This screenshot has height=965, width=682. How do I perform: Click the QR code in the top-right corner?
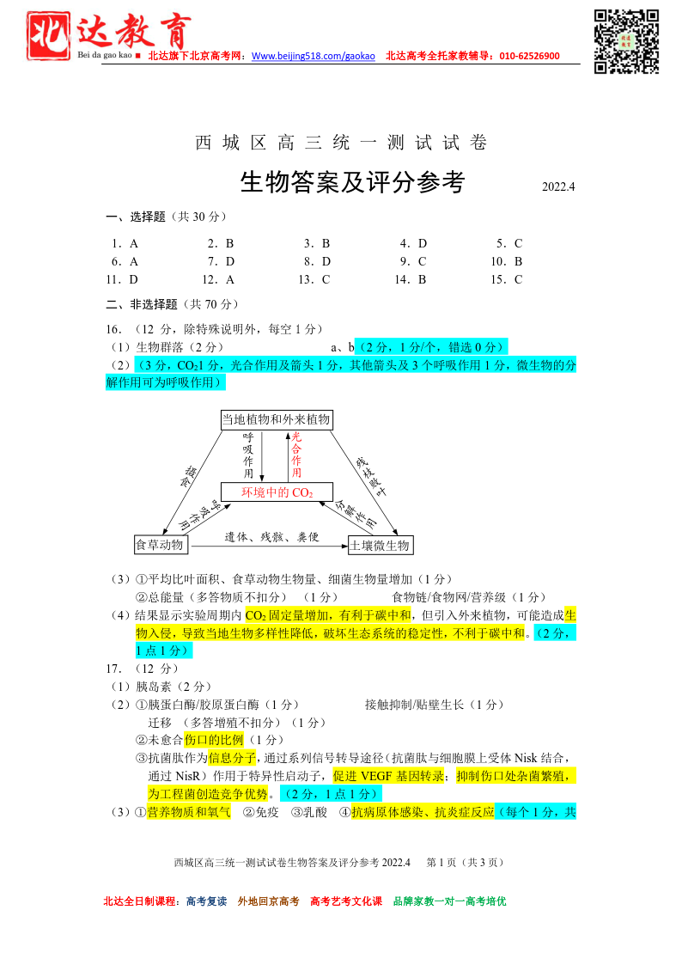(x=627, y=40)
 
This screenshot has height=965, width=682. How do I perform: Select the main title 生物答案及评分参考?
(x=352, y=182)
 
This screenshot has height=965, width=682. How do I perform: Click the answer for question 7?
(x=229, y=261)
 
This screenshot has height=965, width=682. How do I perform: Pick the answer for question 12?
(x=229, y=279)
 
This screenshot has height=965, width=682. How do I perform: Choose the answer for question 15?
(x=518, y=279)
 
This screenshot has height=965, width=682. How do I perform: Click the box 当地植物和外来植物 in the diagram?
(x=276, y=419)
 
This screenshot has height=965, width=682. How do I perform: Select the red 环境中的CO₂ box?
(x=277, y=492)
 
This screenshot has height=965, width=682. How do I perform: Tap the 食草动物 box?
(x=160, y=545)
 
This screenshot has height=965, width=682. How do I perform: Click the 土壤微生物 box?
(x=381, y=545)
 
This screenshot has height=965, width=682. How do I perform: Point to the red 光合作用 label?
(x=296, y=455)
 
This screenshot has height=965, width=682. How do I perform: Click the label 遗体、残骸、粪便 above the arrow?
(x=271, y=537)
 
